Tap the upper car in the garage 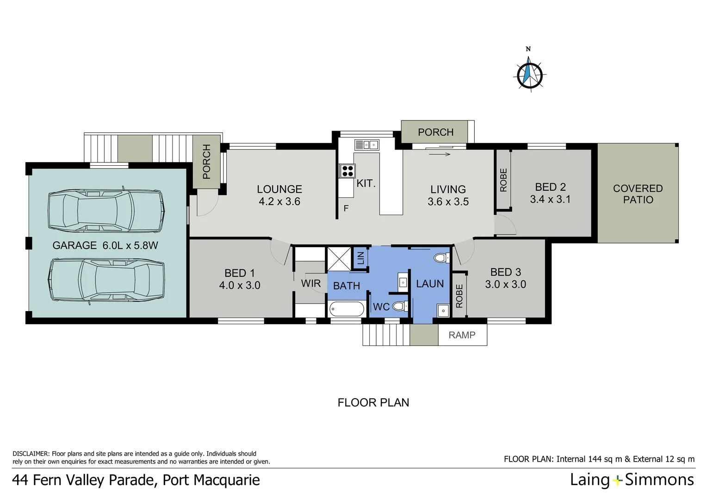tap(106, 210)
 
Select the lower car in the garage tap(106, 280)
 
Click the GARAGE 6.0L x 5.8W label tap(105, 245)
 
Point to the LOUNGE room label tap(279, 189)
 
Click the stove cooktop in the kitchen tap(347, 171)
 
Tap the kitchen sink tap(366, 145)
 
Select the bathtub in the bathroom tap(347, 309)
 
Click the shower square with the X tap(339, 259)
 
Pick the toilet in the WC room tap(399, 306)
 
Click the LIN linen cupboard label tap(361, 258)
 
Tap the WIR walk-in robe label tap(311, 283)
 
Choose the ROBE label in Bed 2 tap(503, 180)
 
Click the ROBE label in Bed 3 tap(459, 296)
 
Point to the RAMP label tap(462, 335)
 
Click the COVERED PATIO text tap(638, 194)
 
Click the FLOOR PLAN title tap(373, 403)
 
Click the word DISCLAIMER tap(31, 454)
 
